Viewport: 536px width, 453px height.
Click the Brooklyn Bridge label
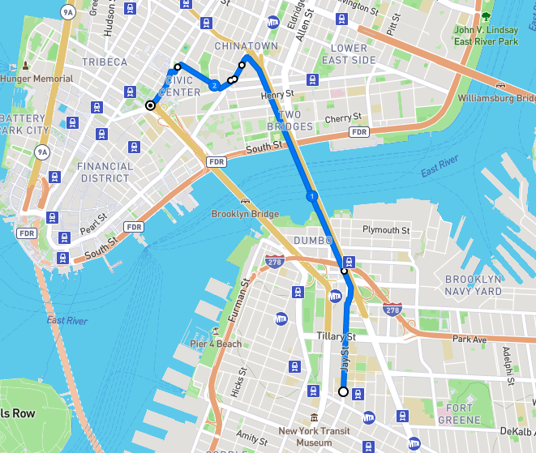[245, 214]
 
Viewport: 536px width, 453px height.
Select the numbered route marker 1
[311, 196]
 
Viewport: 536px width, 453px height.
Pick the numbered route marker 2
[214, 85]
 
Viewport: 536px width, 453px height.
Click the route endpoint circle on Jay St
[343, 392]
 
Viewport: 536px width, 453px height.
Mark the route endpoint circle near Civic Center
[150, 105]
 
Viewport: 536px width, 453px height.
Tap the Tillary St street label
[337, 336]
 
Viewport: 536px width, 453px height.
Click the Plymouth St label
[386, 230]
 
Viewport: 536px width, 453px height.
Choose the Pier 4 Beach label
[216, 344]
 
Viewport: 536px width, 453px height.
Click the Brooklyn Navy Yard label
[474, 284]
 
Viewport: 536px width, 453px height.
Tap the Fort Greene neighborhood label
[463, 414]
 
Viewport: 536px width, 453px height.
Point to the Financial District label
[105, 172]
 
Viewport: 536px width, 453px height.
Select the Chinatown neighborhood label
[246, 46]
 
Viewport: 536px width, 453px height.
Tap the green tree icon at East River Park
[486, 16]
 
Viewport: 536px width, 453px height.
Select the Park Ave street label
[468, 339]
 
